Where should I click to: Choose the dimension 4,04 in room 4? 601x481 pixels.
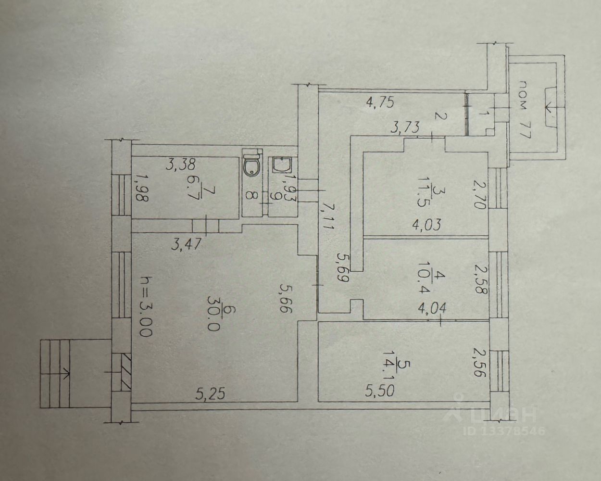(x=431, y=309)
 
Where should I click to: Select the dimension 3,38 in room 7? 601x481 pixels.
(x=180, y=165)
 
